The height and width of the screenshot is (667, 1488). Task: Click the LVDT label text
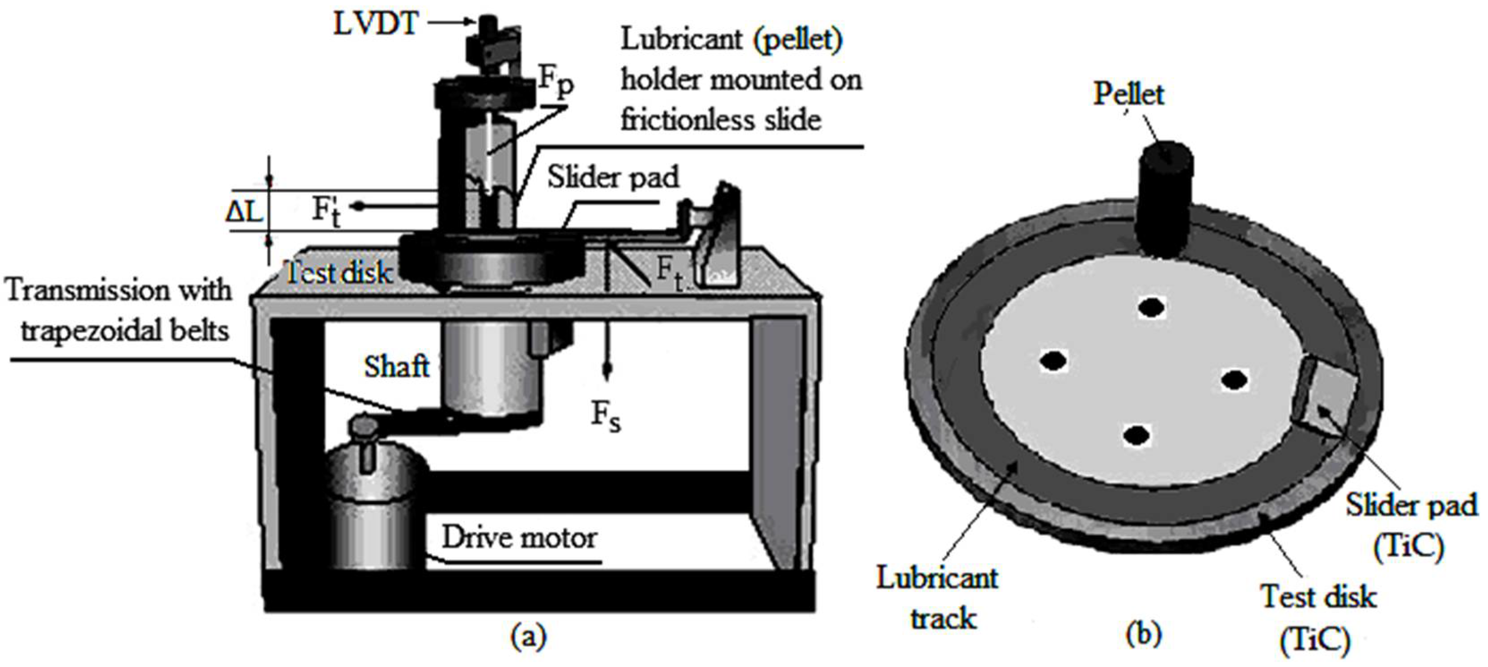pyautogui.click(x=375, y=24)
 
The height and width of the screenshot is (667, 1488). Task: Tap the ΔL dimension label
pyautogui.click(x=243, y=212)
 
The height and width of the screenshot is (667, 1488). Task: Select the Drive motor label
pyautogui.click(x=519, y=538)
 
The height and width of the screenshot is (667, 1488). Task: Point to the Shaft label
pyautogui.click(x=397, y=366)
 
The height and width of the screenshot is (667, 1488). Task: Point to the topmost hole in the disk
pyautogui.click(x=1151, y=307)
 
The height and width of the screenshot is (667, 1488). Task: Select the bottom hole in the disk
pyautogui.click(x=1136, y=436)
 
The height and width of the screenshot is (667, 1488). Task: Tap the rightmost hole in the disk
pyautogui.click(x=1234, y=380)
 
